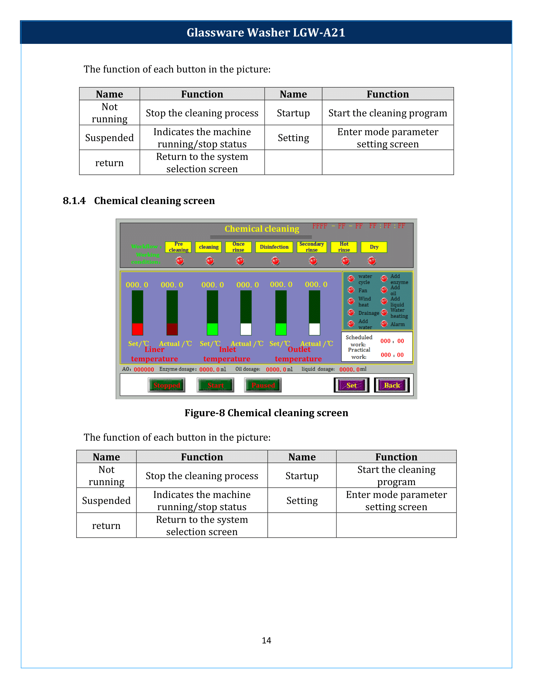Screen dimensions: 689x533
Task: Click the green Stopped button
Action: [x=166, y=385]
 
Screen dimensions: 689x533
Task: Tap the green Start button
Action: [x=215, y=385]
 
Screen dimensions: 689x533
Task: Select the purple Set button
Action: [x=351, y=385]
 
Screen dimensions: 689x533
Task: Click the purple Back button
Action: [x=392, y=385]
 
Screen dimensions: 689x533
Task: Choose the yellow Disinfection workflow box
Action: [x=274, y=247]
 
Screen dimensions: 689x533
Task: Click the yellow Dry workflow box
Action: [x=374, y=247]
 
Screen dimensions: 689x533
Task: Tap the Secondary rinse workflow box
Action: [x=312, y=247]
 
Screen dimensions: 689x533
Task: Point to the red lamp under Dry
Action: [x=372, y=261]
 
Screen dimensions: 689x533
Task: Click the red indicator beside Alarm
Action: [x=384, y=324]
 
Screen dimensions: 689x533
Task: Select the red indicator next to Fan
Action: [x=351, y=290]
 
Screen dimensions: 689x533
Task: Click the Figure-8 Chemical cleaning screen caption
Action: [x=266, y=413]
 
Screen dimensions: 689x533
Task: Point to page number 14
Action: [x=266, y=640]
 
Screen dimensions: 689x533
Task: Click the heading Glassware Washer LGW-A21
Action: [x=266, y=33]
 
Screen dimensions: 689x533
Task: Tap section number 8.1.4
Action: [x=74, y=201]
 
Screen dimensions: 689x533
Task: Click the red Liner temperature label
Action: [x=154, y=354]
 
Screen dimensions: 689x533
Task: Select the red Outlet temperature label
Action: [x=299, y=354]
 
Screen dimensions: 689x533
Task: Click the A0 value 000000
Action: [x=144, y=370]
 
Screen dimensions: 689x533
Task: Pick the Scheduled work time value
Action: [x=392, y=341]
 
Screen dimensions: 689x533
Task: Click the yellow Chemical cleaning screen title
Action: [x=262, y=229]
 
